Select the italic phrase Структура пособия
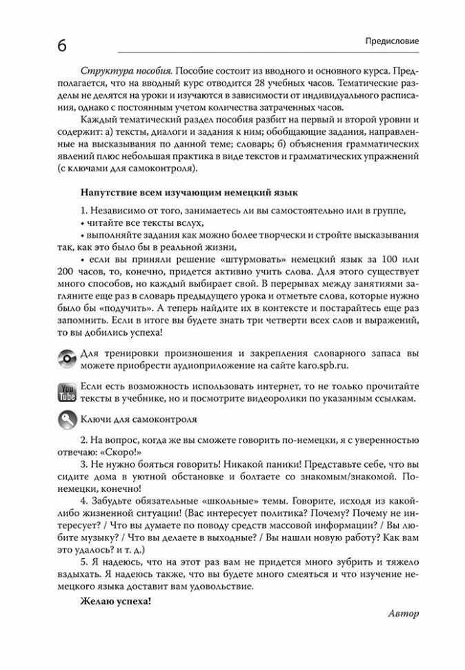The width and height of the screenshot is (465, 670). click(x=117, y=71)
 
